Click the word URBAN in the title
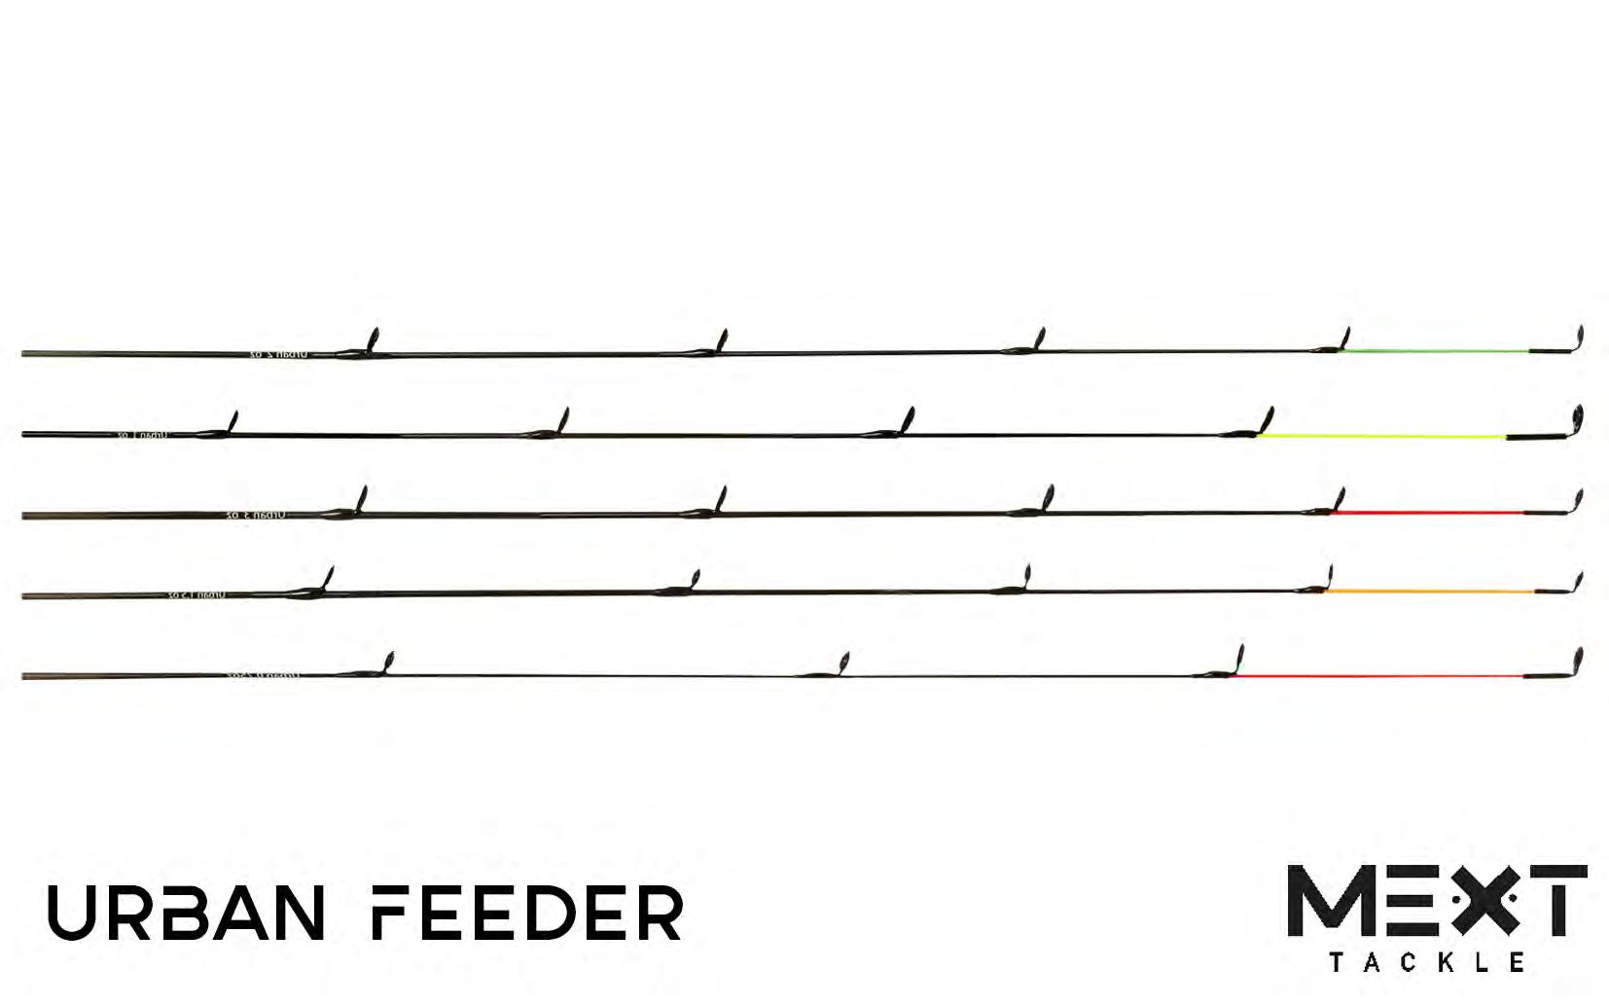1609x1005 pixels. pos(186,913)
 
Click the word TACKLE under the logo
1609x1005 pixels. pos(1426,962)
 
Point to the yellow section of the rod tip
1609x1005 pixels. pos(1381,437)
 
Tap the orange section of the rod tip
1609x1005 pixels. pos(1431,591)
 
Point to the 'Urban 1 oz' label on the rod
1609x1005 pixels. pos(143,435)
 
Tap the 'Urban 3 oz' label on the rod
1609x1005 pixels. pos(259,514)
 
